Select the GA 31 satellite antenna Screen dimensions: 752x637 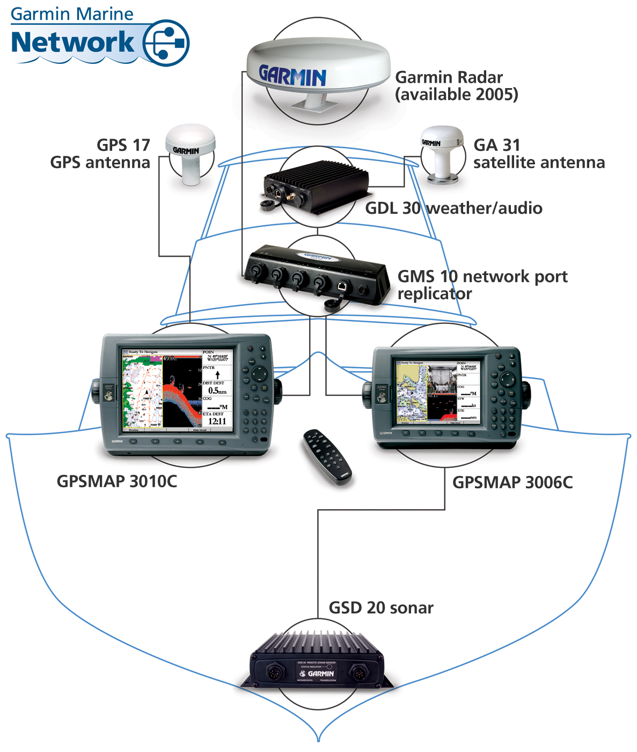442,153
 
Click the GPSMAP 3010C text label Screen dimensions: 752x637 117,481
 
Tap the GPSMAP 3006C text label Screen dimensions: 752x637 512,482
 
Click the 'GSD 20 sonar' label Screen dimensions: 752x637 381,608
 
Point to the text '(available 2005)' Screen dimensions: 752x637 457,95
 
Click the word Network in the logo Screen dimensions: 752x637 73,43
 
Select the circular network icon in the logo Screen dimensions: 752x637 166,43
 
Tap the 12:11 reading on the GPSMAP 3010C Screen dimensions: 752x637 217,422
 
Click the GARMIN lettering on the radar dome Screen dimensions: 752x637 292,76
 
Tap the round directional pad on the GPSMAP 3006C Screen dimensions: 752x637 507,379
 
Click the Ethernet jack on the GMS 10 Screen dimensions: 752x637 341,286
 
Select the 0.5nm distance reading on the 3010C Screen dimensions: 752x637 217,391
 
